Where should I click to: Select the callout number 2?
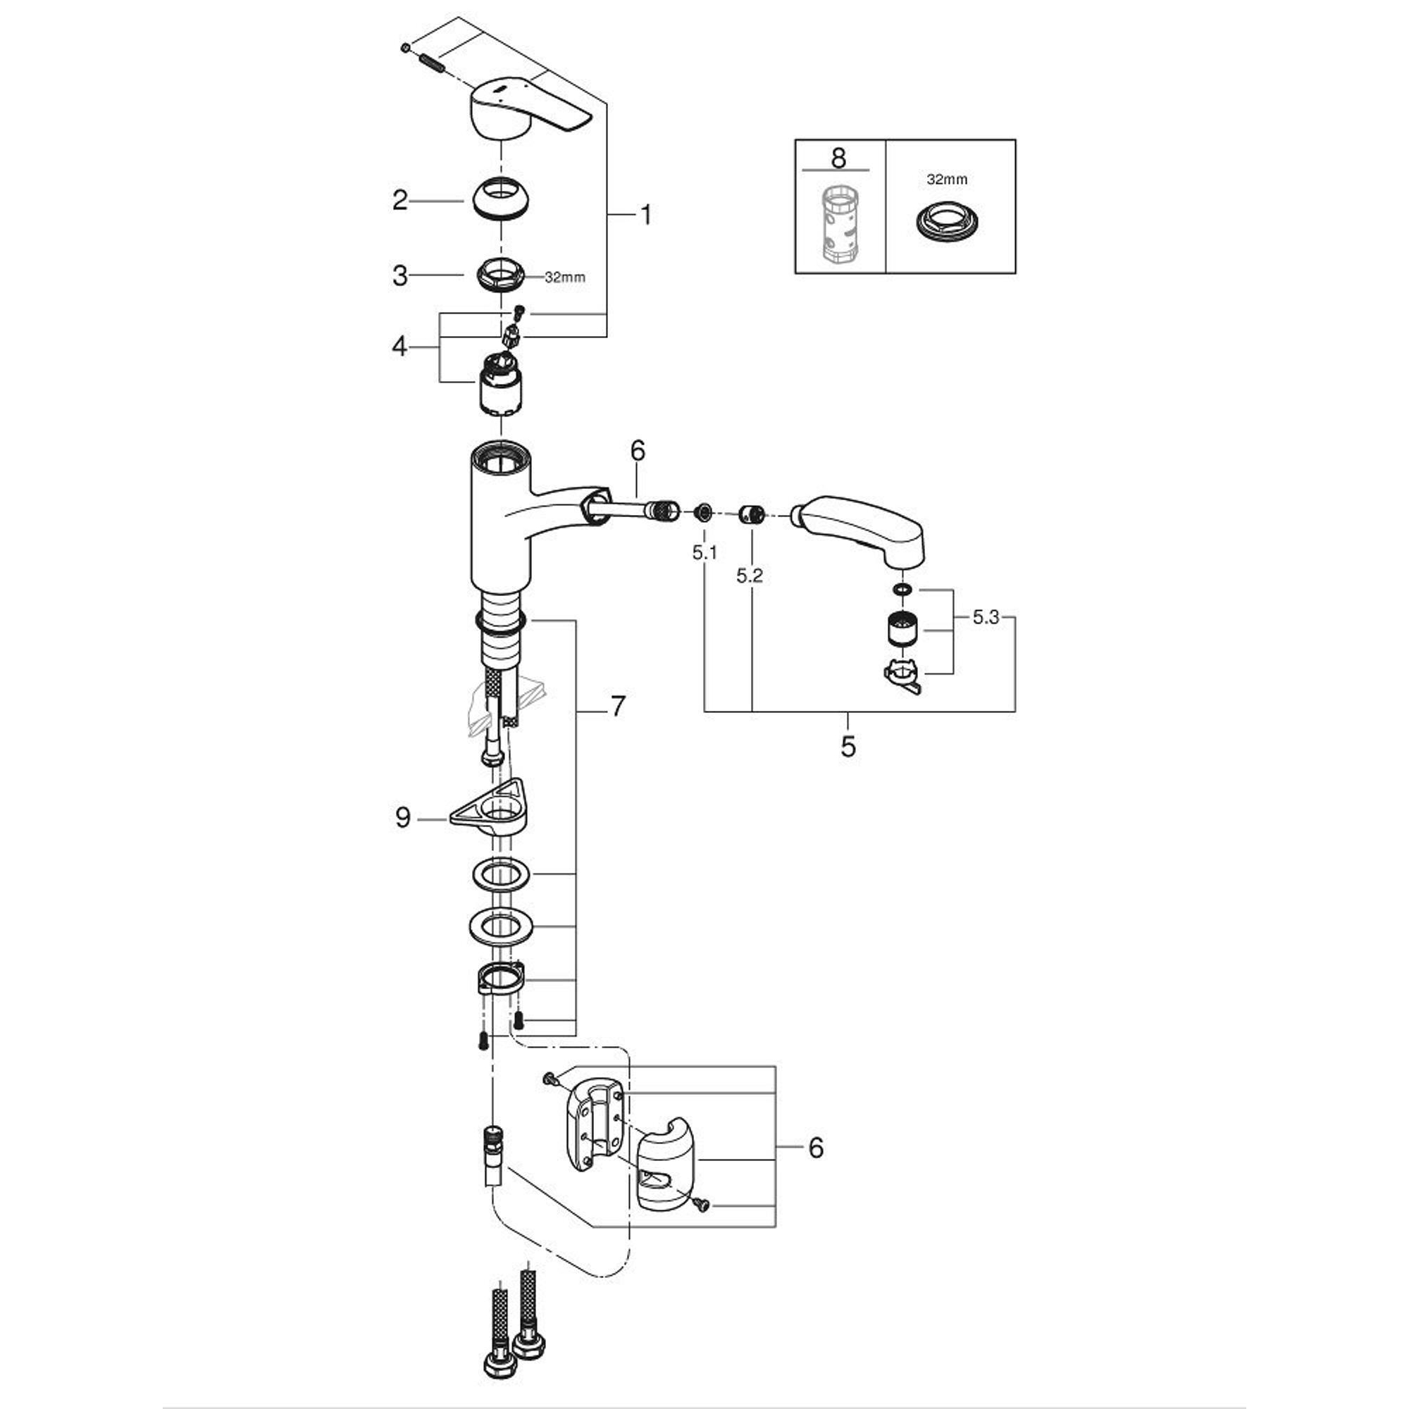coord(399,200)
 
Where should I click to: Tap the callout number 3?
coord(399,275)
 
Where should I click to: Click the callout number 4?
coord(399,346)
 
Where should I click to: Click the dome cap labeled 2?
coord(501,199)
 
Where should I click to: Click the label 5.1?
coord(704,553)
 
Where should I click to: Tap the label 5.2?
coord(749,576)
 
